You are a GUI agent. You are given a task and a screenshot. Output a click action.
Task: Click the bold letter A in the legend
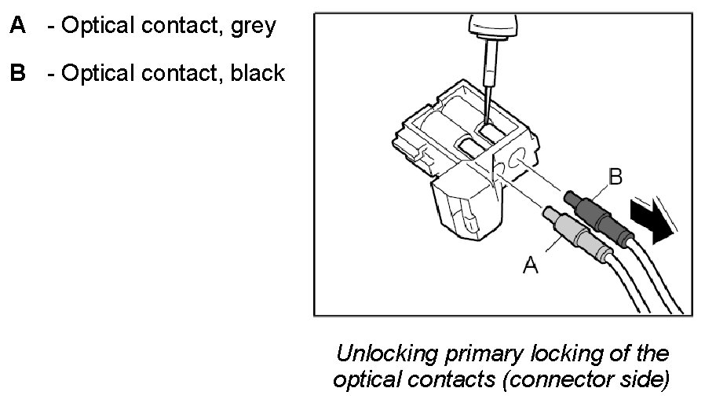tap(17, 26)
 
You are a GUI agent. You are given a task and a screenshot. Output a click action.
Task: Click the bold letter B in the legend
tap(17, 74)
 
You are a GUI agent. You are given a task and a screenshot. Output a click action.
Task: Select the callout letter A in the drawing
tap(531, 265)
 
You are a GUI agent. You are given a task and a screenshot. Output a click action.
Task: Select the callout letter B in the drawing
tap(616, 177)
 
